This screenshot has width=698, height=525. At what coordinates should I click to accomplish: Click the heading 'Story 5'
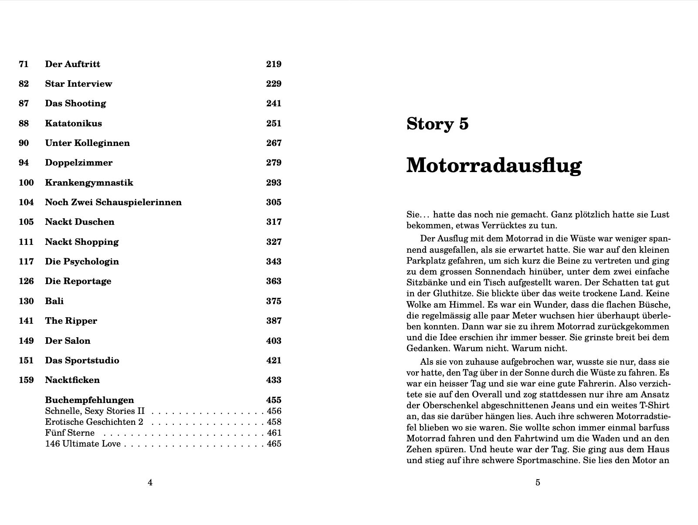tap(437, 124)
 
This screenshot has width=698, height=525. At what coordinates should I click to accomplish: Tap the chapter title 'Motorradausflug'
tap(494, 166)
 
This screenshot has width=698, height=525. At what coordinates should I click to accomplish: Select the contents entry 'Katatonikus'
tap(73, 123)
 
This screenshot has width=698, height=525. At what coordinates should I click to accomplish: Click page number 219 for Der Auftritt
tap(274, 64)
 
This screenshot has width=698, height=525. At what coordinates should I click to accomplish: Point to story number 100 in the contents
tap(26, 183)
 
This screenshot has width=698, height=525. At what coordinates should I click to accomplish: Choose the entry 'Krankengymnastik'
tap(89, 183)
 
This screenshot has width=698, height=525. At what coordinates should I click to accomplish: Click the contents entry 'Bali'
tap(54, 301)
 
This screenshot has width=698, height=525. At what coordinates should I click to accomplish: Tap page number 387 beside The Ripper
tap(274, 321)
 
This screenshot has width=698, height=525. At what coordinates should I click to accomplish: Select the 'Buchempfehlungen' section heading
tap(89, 400)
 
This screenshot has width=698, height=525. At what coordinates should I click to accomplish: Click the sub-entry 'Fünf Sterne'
tap(70, 433)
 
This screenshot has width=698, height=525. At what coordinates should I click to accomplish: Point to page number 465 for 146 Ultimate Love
tap(274, 444)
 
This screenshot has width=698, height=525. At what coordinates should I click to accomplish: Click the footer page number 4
tap(150, 482)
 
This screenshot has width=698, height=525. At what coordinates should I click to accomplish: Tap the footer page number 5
tap(538, 482)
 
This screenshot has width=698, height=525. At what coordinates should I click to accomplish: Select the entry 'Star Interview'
tap(78, 84)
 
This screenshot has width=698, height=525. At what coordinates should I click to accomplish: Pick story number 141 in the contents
tap(26, 321)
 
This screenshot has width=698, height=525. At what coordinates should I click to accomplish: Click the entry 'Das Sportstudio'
tap(82, 360)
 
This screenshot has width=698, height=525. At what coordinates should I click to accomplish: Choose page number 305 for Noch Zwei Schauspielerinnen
tap(274, 202)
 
